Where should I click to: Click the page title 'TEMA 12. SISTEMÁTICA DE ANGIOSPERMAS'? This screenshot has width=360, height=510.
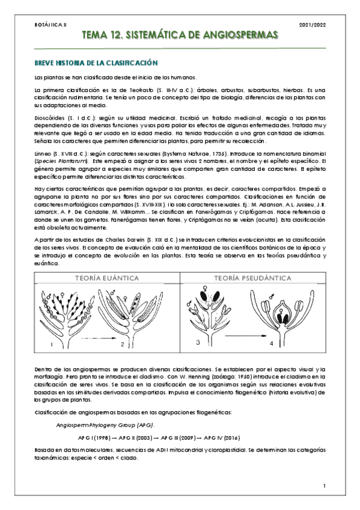pos(180,36)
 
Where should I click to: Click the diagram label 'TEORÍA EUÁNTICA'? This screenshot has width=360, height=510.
pos(107,278)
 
